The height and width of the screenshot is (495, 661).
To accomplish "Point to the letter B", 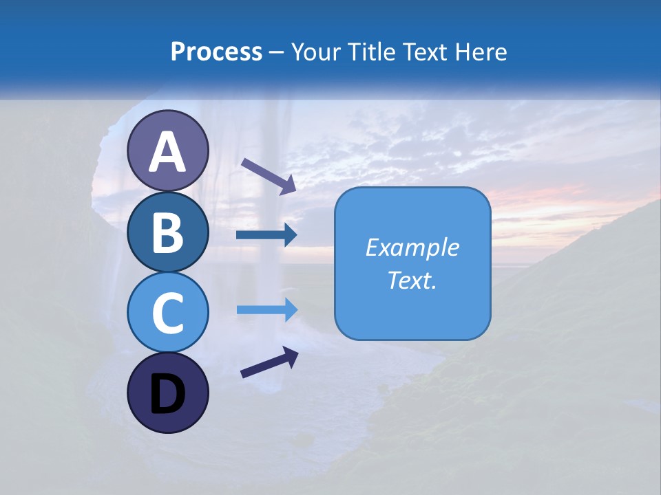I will pyautogui.click(x=168, y=232).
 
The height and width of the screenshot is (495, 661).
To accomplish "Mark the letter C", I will pyautogui.click(x=168, y=312).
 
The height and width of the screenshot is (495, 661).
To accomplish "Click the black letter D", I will pyautogui.click(x=168, y=394).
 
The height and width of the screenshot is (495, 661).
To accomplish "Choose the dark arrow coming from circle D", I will pyautogui.click(x=269, y=362).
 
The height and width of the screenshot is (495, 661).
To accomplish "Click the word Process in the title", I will pyautogui.click(x=216, y=52).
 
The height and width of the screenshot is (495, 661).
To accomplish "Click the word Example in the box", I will pyautogui.click(x=412, y=247).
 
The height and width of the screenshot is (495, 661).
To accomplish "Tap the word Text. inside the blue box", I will pyautogui.click(x=412, y=280).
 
